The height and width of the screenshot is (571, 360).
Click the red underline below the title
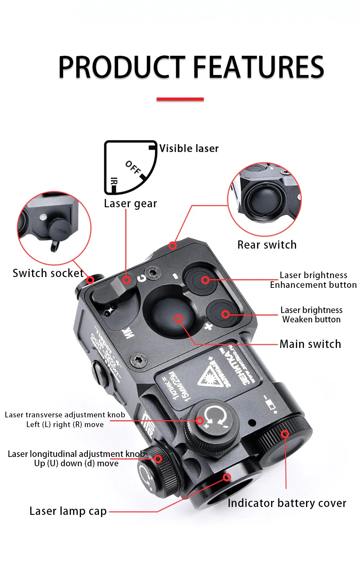click(x=180, y=99)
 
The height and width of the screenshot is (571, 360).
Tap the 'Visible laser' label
click(x=189, y=148)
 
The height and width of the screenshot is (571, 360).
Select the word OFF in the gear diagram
click(x=133, y=167)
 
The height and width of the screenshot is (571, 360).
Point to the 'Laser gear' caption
click(x=130, y=204)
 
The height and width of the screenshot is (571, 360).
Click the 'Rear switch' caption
click(x=267, y=245)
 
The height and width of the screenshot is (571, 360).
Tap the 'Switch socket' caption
click(x=48, y=273)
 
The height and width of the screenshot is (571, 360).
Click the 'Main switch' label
click(x=310, y=344)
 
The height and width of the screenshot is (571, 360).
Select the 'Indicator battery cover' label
click(x=287, y=503)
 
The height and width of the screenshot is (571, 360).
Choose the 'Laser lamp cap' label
click(x=68, y=511)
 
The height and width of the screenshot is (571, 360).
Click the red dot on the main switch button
click(x=178, y=318)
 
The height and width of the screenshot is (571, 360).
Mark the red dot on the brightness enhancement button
click(x=205, y=280)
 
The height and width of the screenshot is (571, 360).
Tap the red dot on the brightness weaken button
click(x=226, y=314)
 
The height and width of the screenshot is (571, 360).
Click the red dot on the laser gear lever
click(x=126, y=280)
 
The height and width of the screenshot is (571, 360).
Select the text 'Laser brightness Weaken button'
click(x=311, y=315)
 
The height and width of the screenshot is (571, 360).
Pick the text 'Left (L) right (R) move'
click(x=65, y=425)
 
